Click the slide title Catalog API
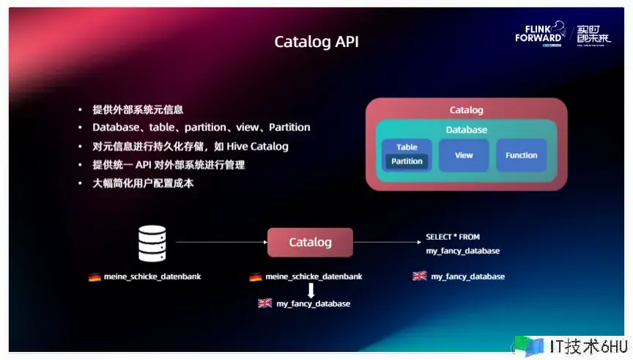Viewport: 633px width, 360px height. tap(316, 42)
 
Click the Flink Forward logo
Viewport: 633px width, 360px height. tap(540, 33)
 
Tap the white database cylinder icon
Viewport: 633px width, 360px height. tap(152, 244)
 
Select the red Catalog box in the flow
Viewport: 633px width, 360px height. tap(310, 242)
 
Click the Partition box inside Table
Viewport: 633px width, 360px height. tap(407, 161)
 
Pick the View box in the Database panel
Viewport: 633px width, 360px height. tap(464, 155)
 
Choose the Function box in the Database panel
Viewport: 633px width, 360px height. tap(521, 155)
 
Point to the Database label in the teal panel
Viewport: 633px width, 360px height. tap(466, 130)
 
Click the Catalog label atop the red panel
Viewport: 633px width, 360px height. tap(466, 110)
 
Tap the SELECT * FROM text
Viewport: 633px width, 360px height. tap(453, 238)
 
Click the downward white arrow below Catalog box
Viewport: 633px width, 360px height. tap(311, 290)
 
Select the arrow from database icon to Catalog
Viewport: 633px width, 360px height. tap(220, 242)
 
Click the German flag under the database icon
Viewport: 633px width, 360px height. tap(95, 277)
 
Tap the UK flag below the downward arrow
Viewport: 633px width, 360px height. tap(265, 304)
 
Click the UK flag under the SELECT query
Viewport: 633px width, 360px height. tap(420, 276)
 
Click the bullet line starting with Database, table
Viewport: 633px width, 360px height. tap(201, 128)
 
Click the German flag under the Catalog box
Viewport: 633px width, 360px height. tap(256, 277)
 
